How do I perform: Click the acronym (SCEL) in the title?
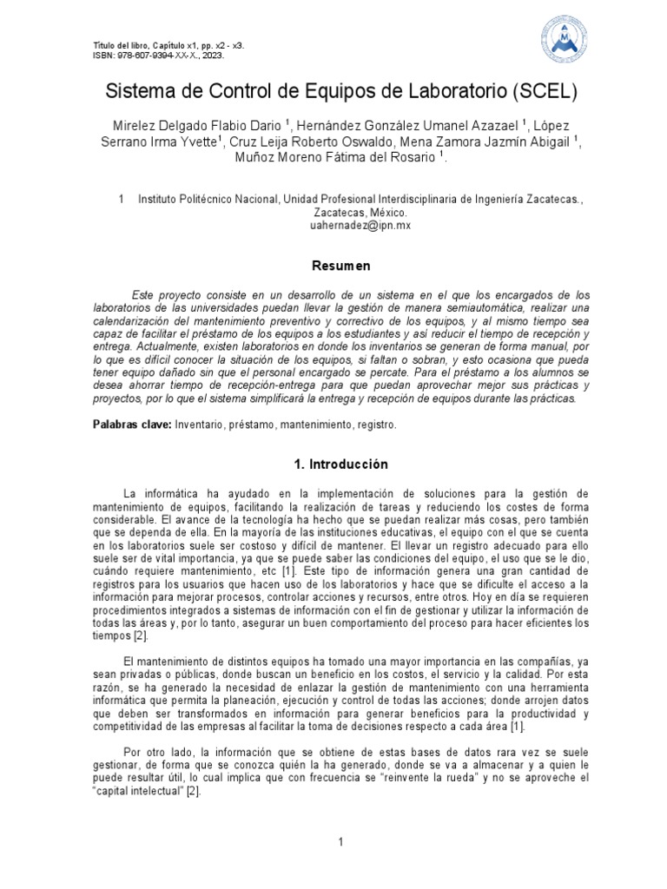point(538,90)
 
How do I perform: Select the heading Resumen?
point(341,266)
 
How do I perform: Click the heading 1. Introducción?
point(341,464)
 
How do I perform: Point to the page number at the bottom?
point(341,842)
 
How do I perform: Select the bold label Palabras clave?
point(132,425)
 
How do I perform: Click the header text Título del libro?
point(122,44)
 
